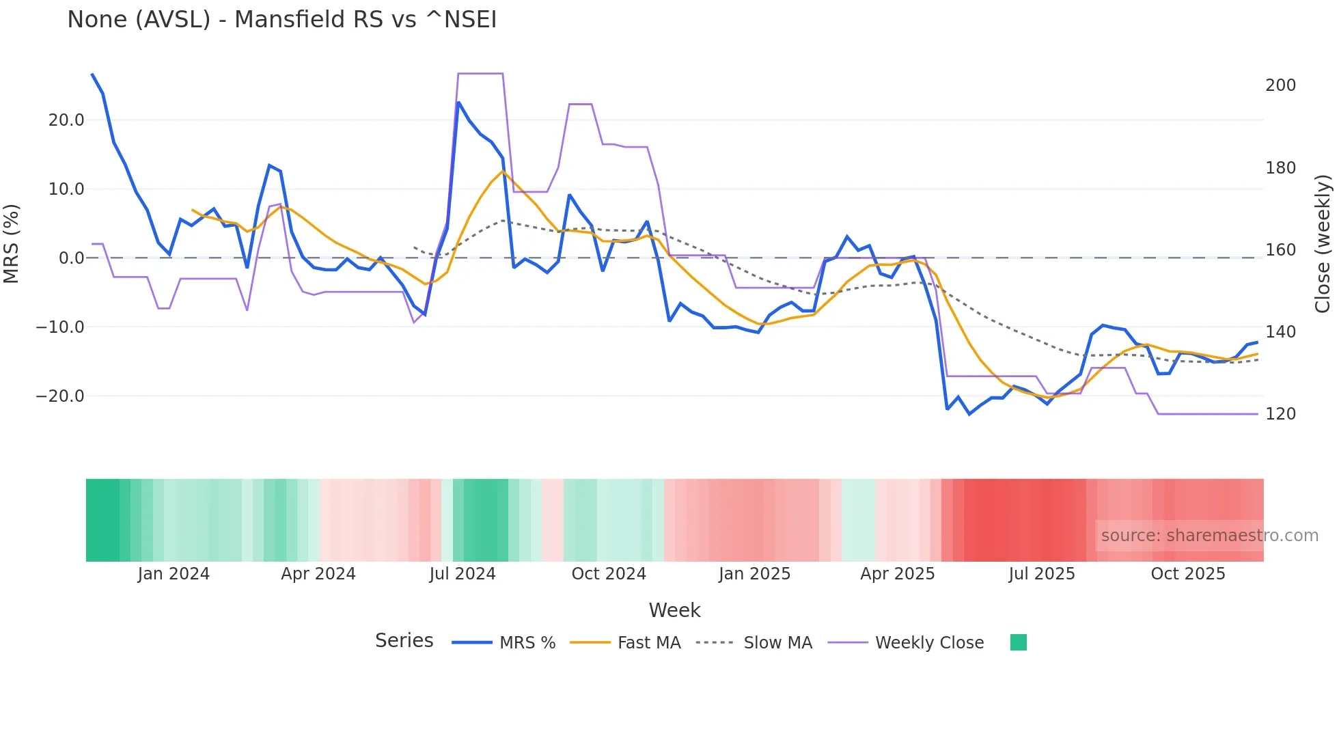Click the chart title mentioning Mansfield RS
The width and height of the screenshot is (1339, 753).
[281, 20]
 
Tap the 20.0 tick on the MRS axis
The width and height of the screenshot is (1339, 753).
[66, 120]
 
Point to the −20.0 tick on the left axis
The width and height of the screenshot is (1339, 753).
[60, 396]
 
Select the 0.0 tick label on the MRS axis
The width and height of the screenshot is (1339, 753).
[71, 258]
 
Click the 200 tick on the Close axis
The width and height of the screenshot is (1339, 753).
[1280, 85]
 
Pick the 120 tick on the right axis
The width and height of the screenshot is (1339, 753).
[1280, 414]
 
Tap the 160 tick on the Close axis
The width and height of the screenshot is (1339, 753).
[1280, 250]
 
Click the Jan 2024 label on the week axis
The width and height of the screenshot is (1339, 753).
[174, 574]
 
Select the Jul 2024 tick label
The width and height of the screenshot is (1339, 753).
[463, 574]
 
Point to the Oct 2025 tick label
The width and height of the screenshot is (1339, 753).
[1188, 574]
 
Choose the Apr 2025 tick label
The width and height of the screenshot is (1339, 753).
[897, 574]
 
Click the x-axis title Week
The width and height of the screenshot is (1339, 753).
[674, 610]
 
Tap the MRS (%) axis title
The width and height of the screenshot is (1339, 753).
[12, 243]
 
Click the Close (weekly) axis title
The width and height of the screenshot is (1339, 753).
[1323, 243]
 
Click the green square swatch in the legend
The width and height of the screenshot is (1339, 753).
[1018, 642]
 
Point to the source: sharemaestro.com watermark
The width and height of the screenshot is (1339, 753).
[1209, 536]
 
